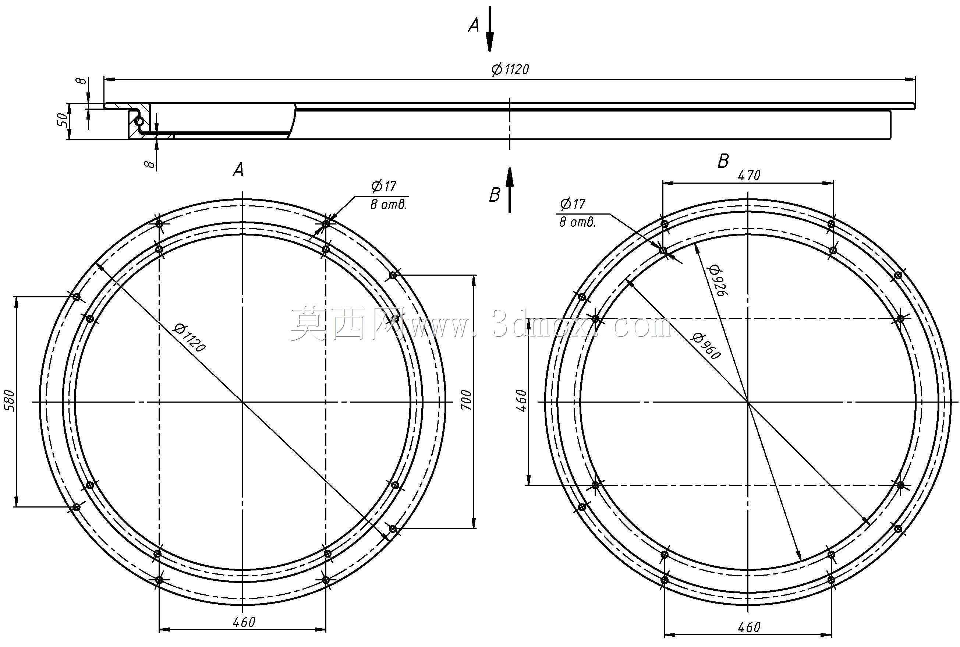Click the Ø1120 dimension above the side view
[x=510, y=69]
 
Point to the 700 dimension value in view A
[x=465, y=399]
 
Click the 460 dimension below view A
[x=244, y=622]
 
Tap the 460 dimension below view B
[x=749, y=627]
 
